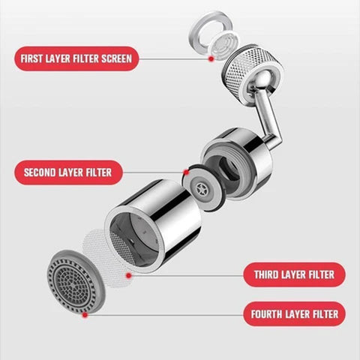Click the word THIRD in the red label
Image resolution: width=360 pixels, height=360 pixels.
coord(265,274)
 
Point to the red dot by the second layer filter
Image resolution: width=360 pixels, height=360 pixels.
coord(185,172)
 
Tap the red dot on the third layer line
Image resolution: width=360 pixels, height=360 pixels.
coord(128,274)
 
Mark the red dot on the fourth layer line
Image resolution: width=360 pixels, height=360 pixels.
coord(85,315)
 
